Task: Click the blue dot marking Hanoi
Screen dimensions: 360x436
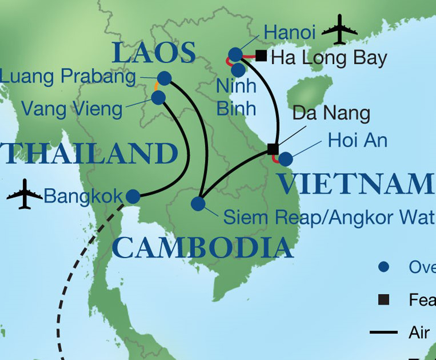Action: (x=235, y=55)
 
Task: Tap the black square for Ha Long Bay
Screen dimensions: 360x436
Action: (x=261, y=56)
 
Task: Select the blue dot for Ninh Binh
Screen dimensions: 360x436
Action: (x=238, y=70)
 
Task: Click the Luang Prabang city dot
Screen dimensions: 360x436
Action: (x=164, y=78)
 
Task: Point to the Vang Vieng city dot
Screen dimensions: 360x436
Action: (x=158, y=97)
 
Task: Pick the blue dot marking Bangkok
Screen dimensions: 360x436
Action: (x=133, y=197)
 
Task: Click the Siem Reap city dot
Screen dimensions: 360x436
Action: (x=198, y=203)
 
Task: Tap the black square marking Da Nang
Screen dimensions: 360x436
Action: (x=273, y=149)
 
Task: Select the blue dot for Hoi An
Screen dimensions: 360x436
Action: (x=285, y=159)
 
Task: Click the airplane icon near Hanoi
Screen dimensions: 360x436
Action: (x=340, y=30)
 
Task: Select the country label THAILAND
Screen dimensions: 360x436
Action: (x=89, y=154)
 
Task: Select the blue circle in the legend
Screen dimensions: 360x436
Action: (x=384, y=267)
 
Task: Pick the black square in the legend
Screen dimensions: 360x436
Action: (x=384, y=300)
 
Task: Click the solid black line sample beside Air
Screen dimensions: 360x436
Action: (x=384, y=332)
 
